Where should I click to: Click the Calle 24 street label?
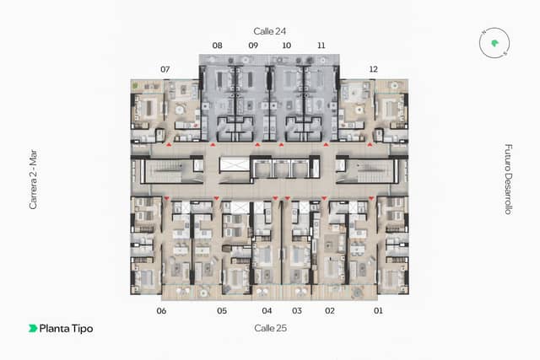(x=270, y=31)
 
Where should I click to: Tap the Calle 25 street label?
(x=270, y=328)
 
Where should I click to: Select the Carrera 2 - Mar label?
(x=33, y=180)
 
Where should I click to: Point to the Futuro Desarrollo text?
(x=508, y=180)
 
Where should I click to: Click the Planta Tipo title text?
(x=66, y=329)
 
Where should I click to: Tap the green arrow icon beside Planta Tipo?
(x=33, y=328)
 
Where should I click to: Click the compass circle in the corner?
(x=494, y=43)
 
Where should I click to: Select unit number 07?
(x=165, y=69)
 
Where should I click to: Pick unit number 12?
(x=373, y=69)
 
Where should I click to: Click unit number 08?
(x=217, y=46)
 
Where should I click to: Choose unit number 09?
(x=253, y=46)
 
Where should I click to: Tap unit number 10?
(x=287, y=46)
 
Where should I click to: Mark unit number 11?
(x=321, y=46)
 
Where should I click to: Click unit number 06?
(x=161, y=311)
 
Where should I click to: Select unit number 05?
(x=222, y=311)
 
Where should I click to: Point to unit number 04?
(x=267, y=311)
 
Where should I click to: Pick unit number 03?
(x=297, y=311)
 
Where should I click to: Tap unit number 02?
(x=330, y=311)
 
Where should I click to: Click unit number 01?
(x=378, y=311)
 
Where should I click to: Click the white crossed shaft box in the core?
(x=235, y=164)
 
